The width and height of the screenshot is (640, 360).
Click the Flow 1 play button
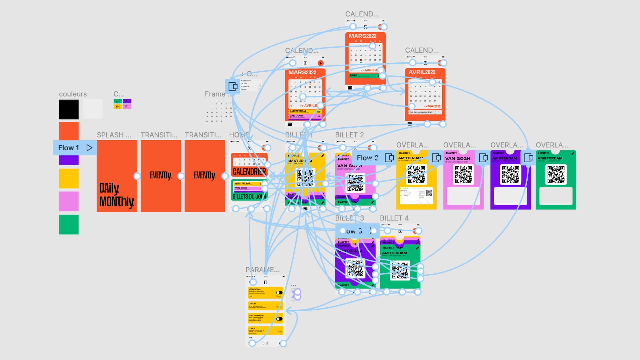point(89,148)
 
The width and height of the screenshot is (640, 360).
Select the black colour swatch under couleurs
point(69,109)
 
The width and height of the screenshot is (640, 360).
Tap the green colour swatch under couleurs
point(69,224)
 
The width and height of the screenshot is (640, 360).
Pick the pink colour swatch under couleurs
point(69,201)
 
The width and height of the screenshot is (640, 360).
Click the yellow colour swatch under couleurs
point(69,178)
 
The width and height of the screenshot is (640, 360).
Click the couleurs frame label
point(73,94)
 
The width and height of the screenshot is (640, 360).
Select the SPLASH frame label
point(114,135)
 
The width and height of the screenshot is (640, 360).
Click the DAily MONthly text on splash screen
point(116,195)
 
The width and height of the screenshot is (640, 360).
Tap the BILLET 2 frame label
point(349,135)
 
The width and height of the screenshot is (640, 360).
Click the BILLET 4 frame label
point(394,218)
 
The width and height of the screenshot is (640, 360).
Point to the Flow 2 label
point(367,158)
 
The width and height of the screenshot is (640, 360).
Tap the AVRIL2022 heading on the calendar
point(422,72)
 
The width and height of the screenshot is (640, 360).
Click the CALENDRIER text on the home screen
point(249,172)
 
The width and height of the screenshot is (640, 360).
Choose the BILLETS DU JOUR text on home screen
point(249,196)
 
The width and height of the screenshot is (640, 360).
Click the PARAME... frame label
point(262,270)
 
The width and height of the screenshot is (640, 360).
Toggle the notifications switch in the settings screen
point(279,293)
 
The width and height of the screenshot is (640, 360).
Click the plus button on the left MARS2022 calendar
point(321,63)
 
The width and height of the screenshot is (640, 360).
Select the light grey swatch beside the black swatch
point(93,109)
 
